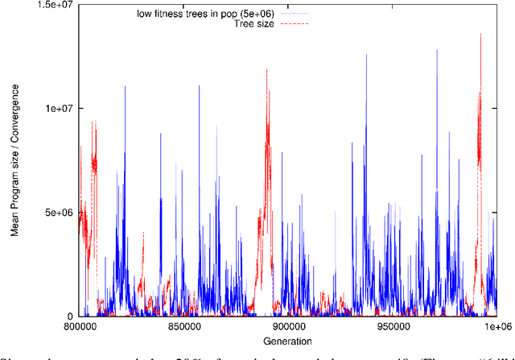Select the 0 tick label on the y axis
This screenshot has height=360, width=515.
[x=71, y=317]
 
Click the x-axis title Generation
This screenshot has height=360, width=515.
[x=288, y=341]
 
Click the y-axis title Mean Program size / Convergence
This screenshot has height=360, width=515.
[x=15, y=161]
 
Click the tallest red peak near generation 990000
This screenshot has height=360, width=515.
[x=480, y=34]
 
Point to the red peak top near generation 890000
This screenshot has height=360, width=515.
[x=267, y=70]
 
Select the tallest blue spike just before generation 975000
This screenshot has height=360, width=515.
[x=437, y=50]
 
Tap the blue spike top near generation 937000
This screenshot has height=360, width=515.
[x=366, y=55]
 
